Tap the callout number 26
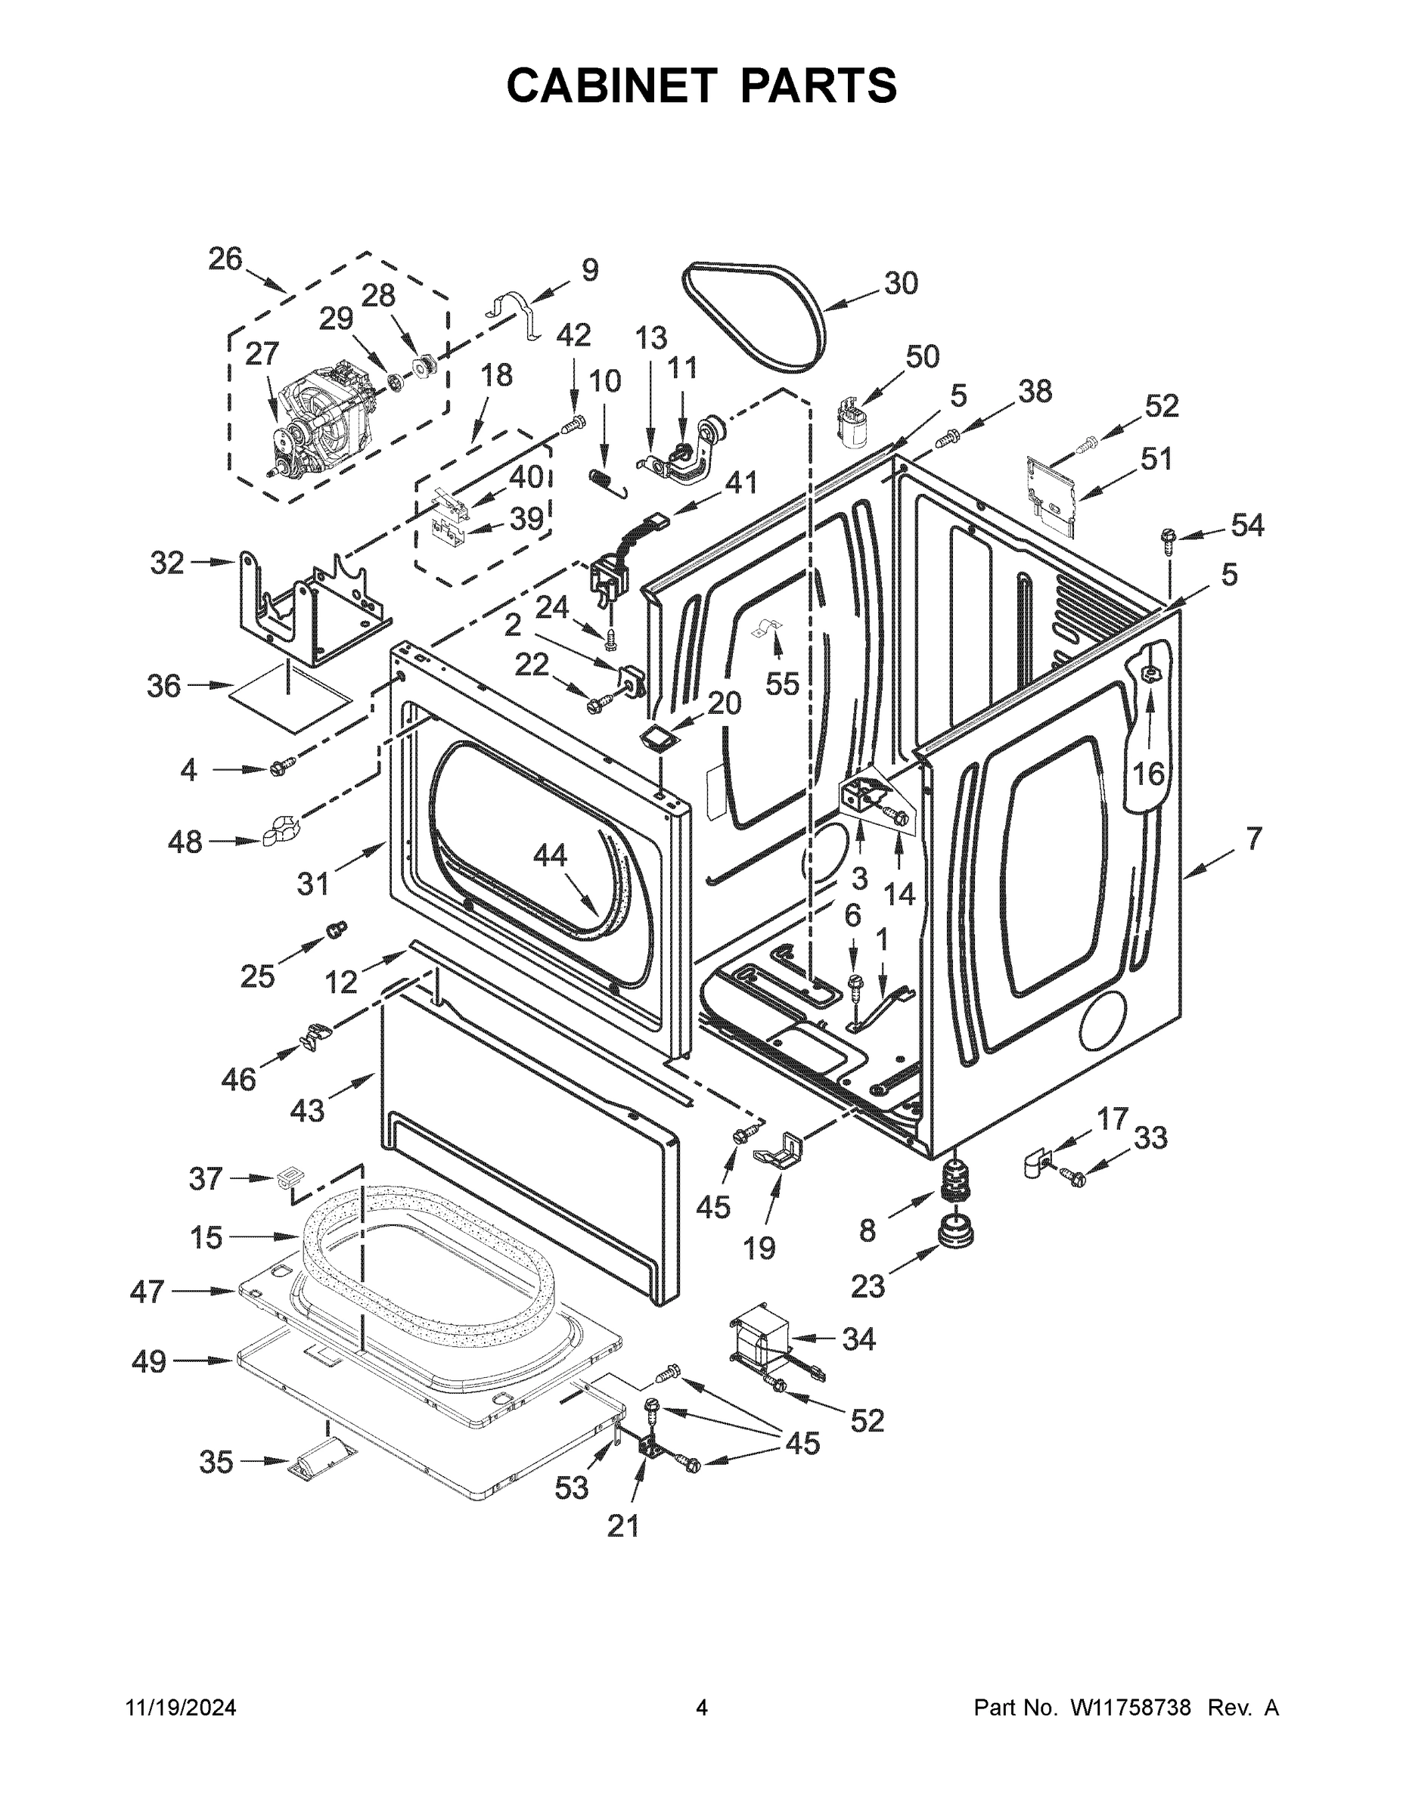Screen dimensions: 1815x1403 [225, 259]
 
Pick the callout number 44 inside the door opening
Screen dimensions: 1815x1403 [549, 855]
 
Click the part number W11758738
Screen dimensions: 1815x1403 [1131, 1708]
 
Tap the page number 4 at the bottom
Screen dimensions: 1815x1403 [702, 1708]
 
